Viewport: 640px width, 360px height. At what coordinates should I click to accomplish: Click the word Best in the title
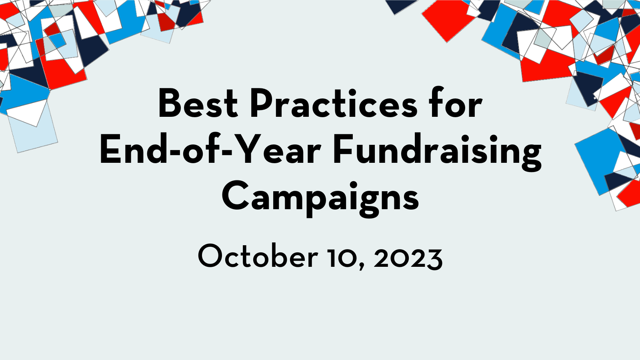point(198,104)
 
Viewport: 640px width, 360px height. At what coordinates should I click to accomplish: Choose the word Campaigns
point(320,199)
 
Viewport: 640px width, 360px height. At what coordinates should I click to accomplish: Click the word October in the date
point(258,255)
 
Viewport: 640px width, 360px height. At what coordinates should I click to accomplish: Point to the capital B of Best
point(170,104)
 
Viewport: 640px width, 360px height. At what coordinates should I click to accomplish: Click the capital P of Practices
point(262,104)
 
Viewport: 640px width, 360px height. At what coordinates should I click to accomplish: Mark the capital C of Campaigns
point(236,196)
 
